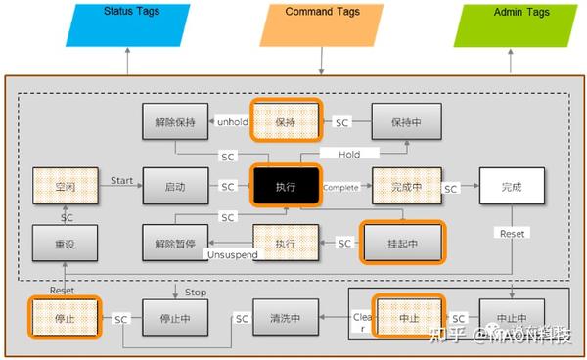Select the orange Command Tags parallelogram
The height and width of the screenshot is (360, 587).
pos(321,24)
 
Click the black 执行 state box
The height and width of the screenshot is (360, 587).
pos(286,186)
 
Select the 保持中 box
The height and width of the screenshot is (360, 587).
pos(406,122)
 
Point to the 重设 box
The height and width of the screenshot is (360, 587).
pos(64,242)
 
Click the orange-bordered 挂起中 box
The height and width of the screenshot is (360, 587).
pos(402,242)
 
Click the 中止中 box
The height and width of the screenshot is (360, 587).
pos(512,318)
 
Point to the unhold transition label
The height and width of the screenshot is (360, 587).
pos(231,122)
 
